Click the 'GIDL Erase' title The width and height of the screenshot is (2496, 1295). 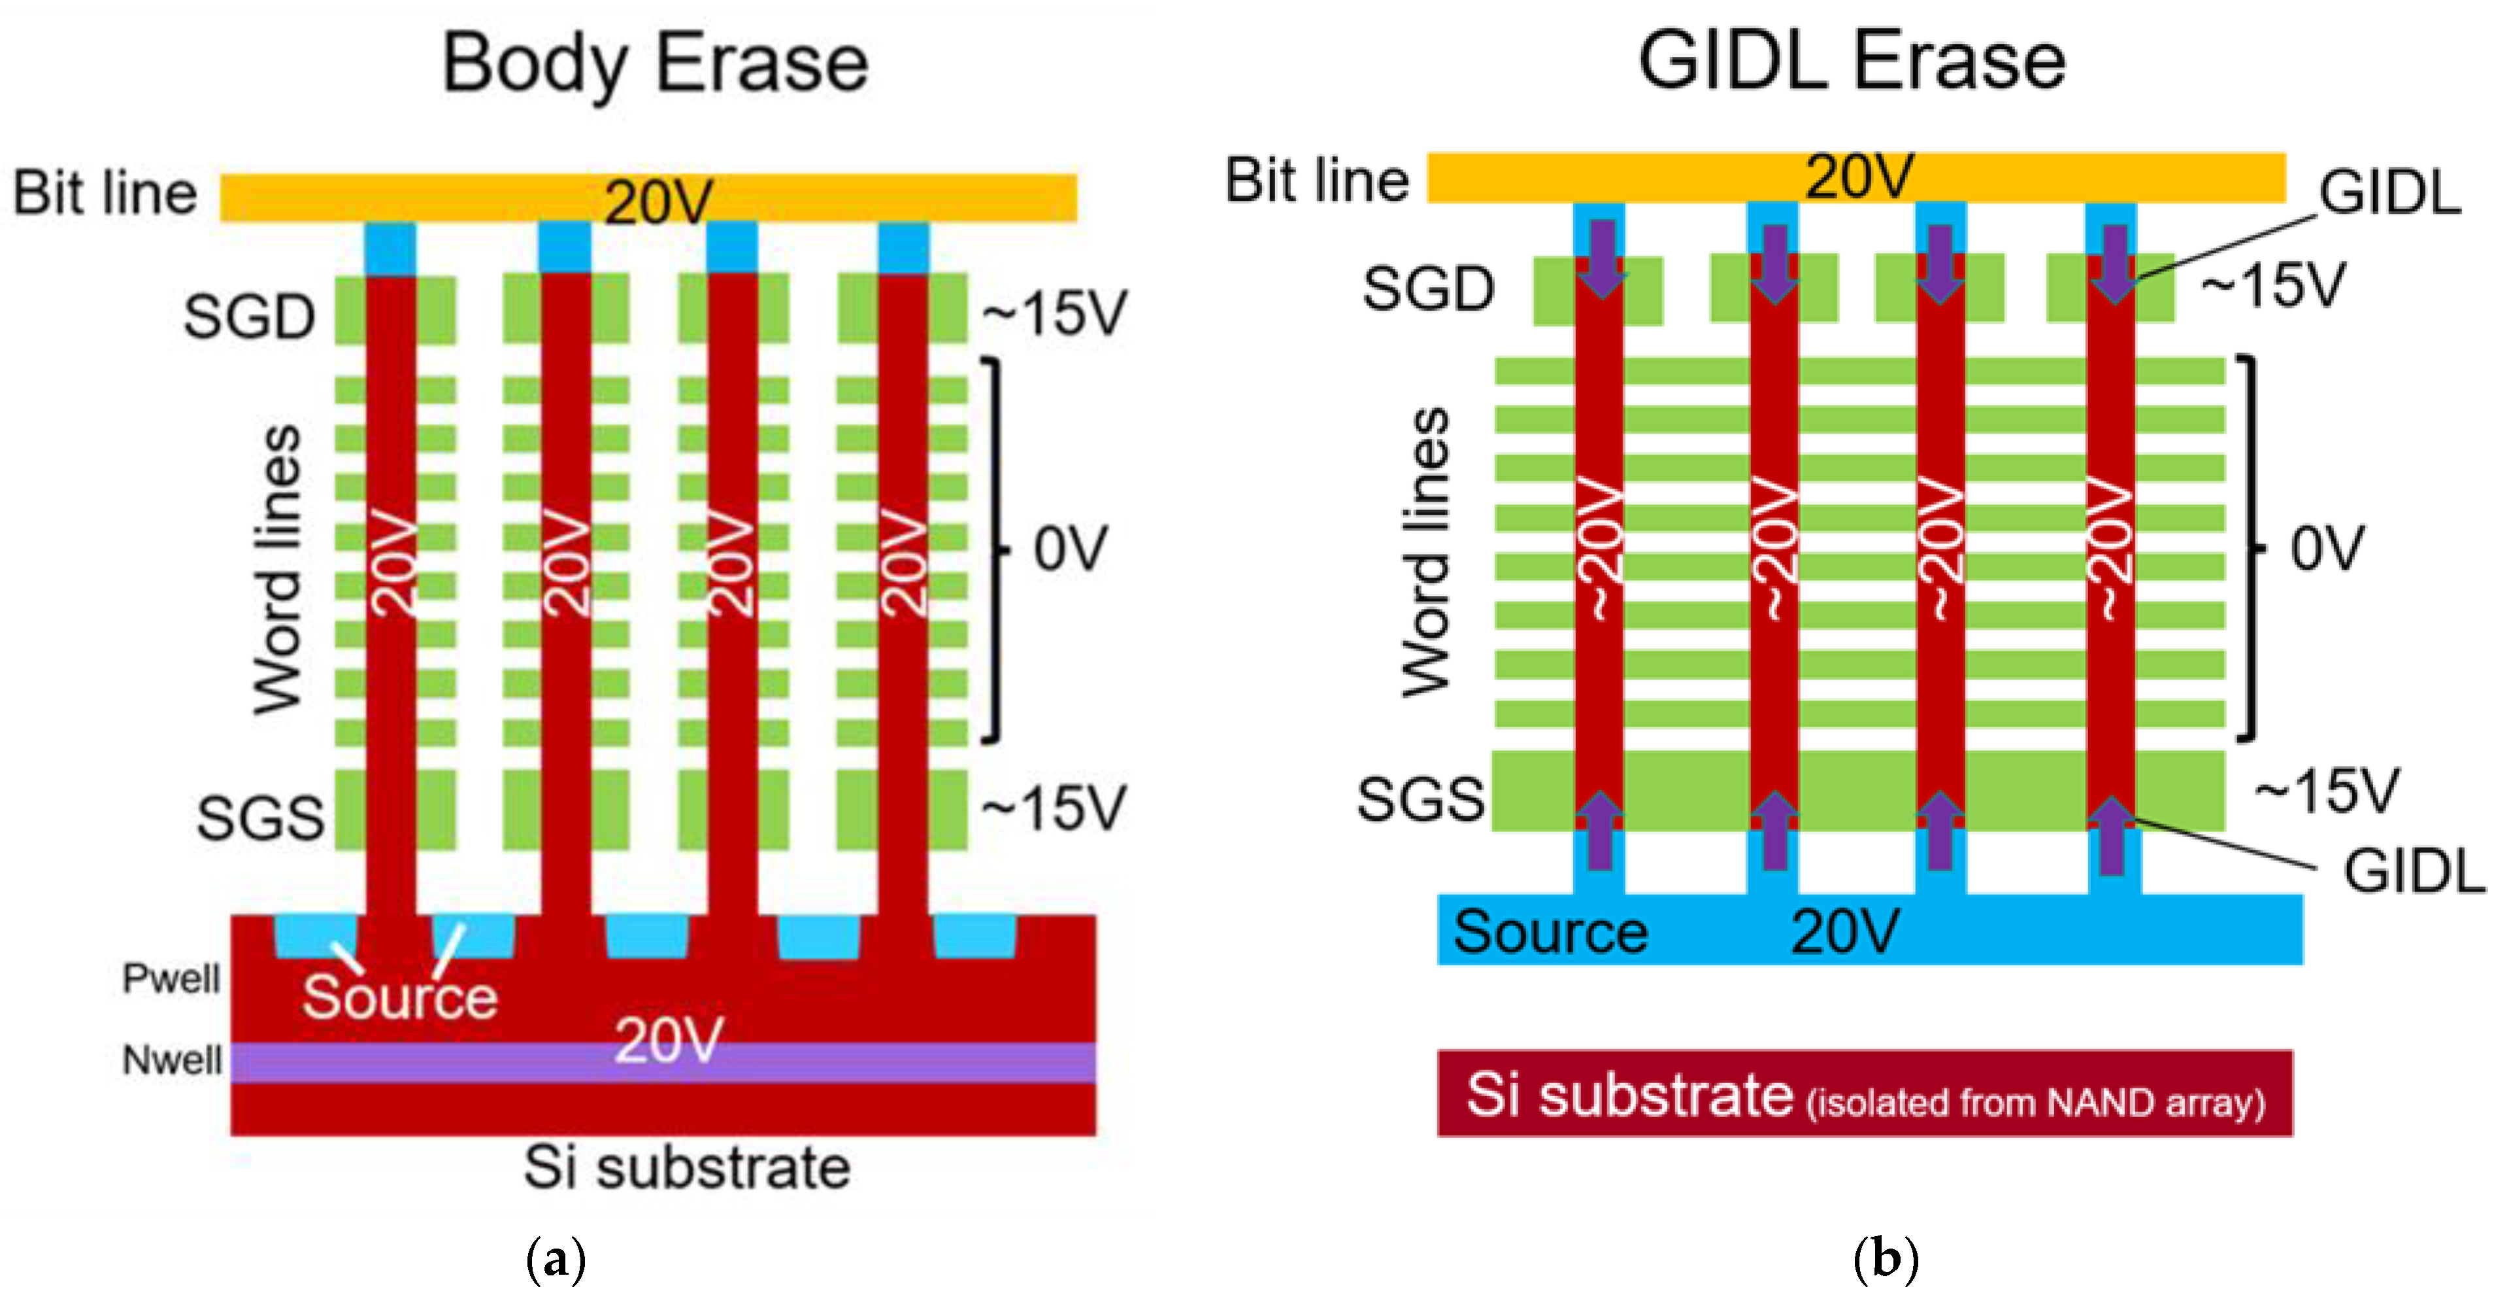tap(1852, 61)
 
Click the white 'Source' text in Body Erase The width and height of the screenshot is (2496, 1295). tap(399, 997)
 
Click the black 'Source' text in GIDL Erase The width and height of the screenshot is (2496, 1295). tap(1550, 933)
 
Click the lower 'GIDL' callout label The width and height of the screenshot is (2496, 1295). tap(2413, 871)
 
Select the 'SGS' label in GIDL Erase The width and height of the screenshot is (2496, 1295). tap(1420, 800)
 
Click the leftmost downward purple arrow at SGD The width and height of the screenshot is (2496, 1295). tap(1601, 258)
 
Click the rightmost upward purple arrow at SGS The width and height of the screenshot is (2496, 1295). tap(2113, 835)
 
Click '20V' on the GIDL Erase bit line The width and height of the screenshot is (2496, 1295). tap(1858, 177)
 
